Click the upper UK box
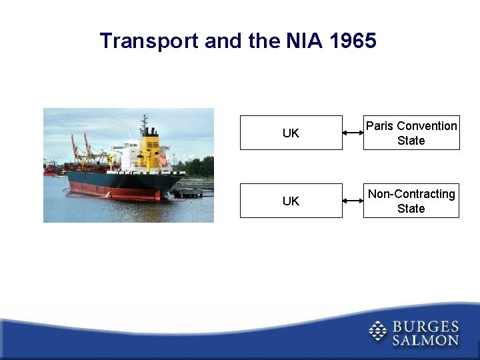click(291, 133)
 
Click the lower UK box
click(291, 201)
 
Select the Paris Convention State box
click(411, 133)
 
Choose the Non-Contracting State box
click(411, 201)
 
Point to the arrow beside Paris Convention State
click(353, 133)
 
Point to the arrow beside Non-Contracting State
click(353, 201)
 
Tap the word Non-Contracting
click(411, 194)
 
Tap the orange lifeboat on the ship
click(163, 160)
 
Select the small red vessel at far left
click(50, 169)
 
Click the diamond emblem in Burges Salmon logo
click(378, 331)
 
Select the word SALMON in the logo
click(425, 340)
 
